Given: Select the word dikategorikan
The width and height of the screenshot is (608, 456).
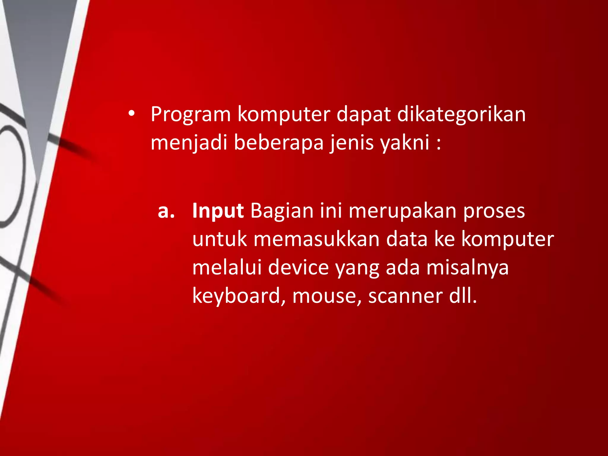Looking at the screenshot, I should tap(461, 114).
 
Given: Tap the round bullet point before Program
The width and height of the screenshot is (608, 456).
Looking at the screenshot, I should tap(132, 114).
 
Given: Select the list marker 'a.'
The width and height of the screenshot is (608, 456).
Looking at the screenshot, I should tap(166, 211).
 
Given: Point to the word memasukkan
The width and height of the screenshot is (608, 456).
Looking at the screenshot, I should tap(316, 239).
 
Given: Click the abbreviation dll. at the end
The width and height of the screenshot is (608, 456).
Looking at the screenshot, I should tap(463, 296).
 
